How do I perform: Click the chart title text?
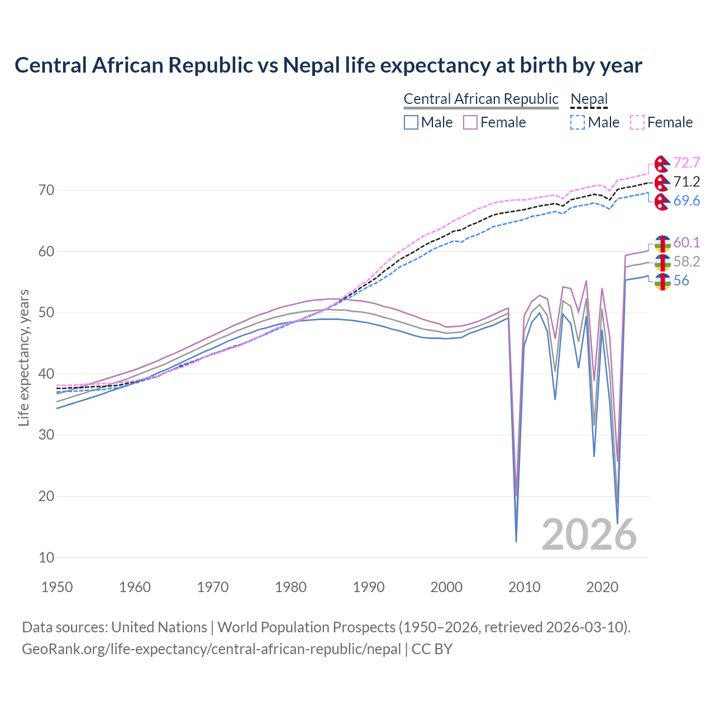(328, 65)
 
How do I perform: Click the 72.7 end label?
(687, 163)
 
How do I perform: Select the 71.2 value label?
(687, 182)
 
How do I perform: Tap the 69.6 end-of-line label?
(687, 201)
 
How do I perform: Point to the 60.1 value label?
(687, 242)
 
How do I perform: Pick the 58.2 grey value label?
(687, 261)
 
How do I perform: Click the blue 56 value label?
(681, 280)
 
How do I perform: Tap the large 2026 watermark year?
(589, 535)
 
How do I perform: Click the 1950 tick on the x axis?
(57, 587)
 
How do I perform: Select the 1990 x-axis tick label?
(369, 587)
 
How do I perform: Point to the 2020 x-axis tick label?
(602, 587)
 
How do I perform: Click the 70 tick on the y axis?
(46, 190)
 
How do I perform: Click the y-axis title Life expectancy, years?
(24, 357)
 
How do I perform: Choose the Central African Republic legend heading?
(481, 99)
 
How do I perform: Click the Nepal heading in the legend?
(589, 99)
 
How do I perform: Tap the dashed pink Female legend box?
(637, 122)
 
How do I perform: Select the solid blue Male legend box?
(411, 122)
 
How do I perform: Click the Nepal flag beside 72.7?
(662, 164)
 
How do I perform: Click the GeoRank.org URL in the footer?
(211, 649)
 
